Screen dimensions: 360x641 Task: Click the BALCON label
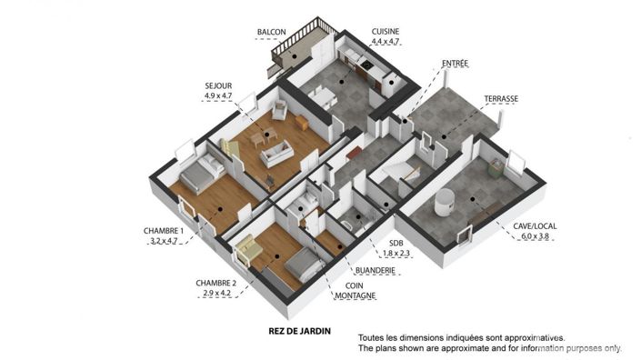coord(272,32)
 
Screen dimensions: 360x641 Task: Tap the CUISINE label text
coord(386,31)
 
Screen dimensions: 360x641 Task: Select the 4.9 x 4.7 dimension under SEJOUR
coord(218,95)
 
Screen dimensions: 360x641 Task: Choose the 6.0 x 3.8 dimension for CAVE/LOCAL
coord(535,236)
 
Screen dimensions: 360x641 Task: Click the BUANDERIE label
coord(375,270)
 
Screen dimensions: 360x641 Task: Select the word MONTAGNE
coord(355,296)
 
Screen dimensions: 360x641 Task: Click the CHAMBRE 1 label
coord(163,230)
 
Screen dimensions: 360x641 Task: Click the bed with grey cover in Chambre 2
coord(302,266)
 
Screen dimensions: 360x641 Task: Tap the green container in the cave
coord(495,167)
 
